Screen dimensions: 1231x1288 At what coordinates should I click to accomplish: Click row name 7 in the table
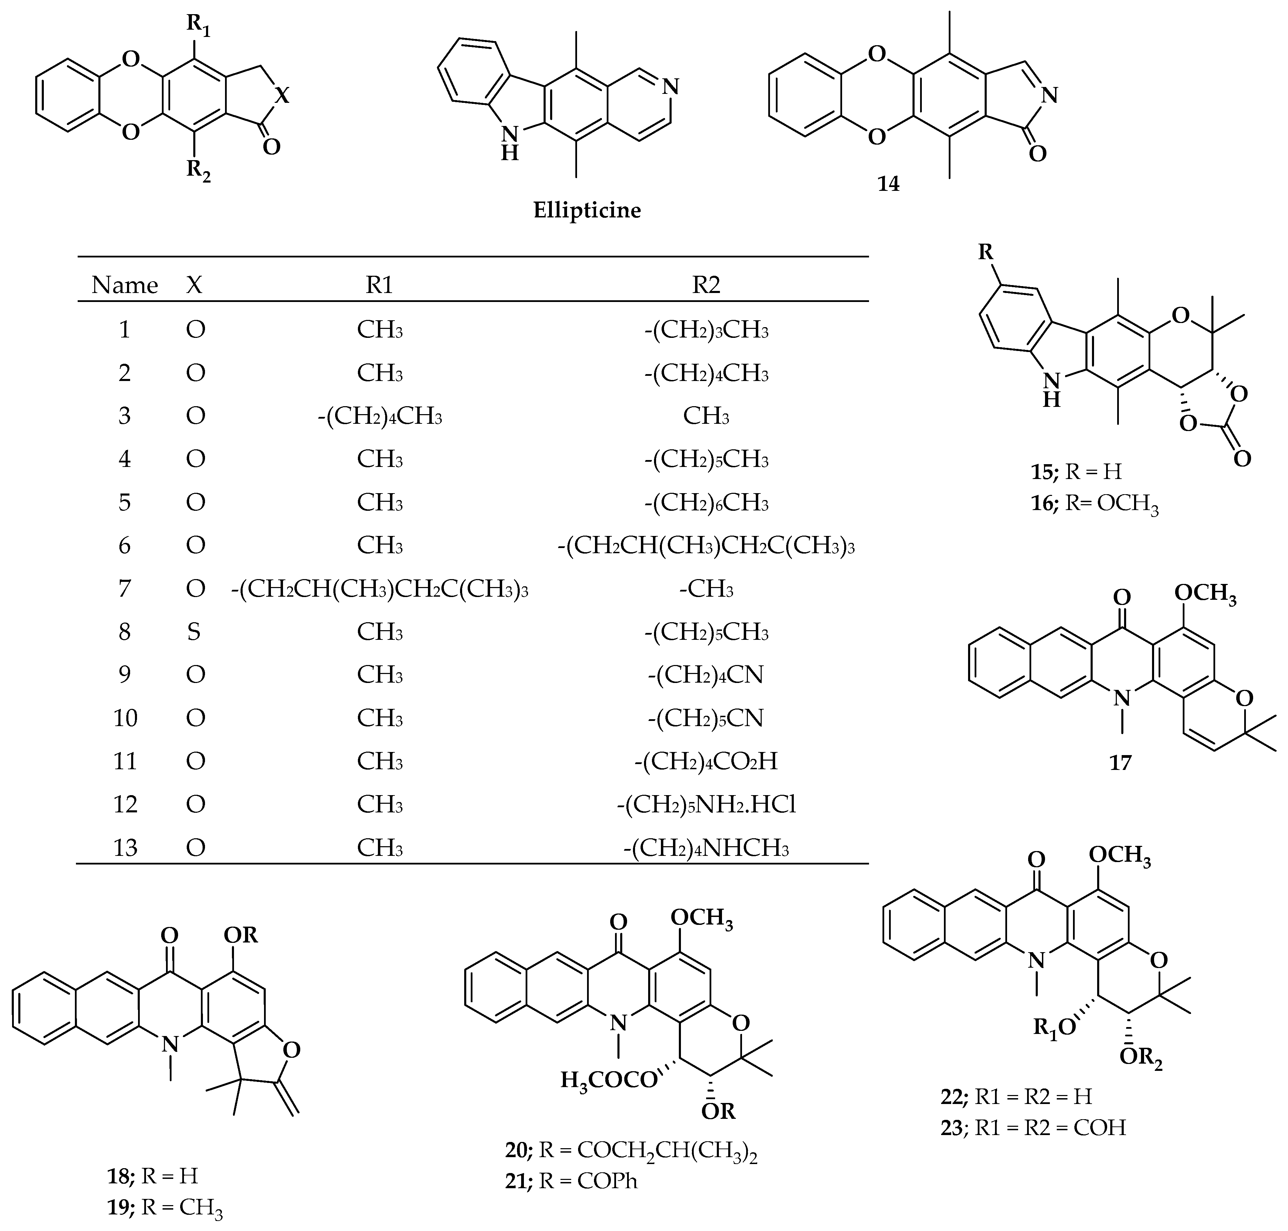pyautogui.click(x=125, y=589)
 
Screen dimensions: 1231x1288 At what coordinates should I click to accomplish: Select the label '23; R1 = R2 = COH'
pyautogui.click(x=1033, y=1127)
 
